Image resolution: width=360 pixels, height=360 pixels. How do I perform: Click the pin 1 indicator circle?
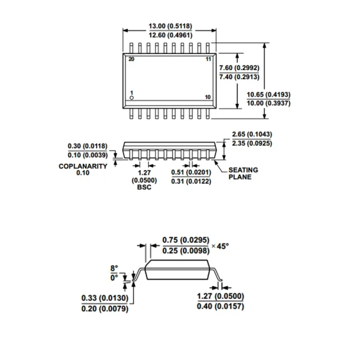(131, 98)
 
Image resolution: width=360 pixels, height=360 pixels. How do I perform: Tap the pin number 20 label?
(131, 59)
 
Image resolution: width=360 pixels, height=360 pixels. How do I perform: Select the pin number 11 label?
(208, 59)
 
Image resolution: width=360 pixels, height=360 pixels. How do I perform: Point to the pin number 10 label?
(208, 97)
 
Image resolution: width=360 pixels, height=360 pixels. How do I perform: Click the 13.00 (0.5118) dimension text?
(170, 26)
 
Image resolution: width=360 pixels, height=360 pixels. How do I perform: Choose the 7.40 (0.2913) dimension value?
(239, 77)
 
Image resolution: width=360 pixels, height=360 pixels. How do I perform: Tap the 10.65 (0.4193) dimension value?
(269, 95)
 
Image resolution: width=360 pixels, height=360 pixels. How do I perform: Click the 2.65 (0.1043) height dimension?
(252, 134)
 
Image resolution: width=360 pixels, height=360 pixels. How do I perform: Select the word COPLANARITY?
(83, 166)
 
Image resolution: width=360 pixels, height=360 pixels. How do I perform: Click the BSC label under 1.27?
(144, 187)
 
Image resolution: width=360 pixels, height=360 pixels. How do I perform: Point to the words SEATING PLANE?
(243, 173)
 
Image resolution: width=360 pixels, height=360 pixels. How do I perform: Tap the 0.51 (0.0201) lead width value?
(191, 172)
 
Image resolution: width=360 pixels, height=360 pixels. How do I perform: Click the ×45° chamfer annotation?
(220, 247)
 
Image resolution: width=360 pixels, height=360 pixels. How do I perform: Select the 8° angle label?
(114, 268)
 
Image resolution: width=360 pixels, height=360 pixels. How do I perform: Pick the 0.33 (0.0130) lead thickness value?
(105, 298)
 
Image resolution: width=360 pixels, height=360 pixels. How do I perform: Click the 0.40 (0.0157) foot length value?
(220, 306)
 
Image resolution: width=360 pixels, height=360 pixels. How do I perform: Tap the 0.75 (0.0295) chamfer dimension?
(186, 240)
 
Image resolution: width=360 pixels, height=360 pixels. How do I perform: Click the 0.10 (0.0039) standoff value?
(88, 155)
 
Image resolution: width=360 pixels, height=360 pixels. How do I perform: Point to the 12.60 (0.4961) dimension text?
(170, 35)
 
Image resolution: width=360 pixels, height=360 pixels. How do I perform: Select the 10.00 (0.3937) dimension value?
(269, 103)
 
